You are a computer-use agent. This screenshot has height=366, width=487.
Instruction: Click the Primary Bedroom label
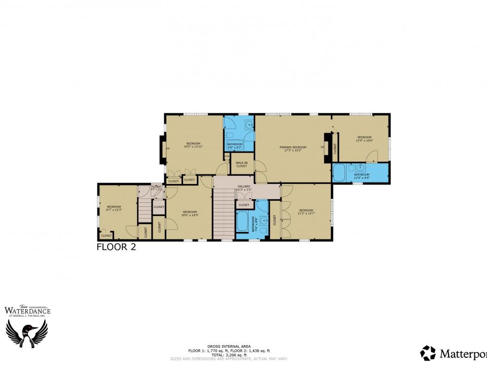pos(293,147)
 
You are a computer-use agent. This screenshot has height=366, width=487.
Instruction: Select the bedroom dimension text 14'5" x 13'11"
pos(193,146)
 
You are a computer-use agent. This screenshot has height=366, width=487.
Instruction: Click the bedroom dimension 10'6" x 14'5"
pos(190,215)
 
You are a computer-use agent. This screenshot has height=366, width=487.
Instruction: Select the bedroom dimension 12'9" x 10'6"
pos(364,140)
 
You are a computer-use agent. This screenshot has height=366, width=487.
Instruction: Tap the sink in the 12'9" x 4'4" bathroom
pos(360,167)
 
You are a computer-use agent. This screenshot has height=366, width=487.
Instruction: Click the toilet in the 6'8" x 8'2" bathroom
pos(229,135)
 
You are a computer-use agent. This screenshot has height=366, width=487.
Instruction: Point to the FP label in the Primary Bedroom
pos(322,147)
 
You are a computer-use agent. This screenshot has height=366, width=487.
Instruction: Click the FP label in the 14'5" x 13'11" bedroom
pos(168,148)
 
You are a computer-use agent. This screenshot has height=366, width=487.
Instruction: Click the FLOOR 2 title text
pos(116,248)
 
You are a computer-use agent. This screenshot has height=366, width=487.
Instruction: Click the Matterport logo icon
pos(428,353)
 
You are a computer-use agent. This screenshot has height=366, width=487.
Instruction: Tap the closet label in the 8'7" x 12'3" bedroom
pos(106,236)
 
